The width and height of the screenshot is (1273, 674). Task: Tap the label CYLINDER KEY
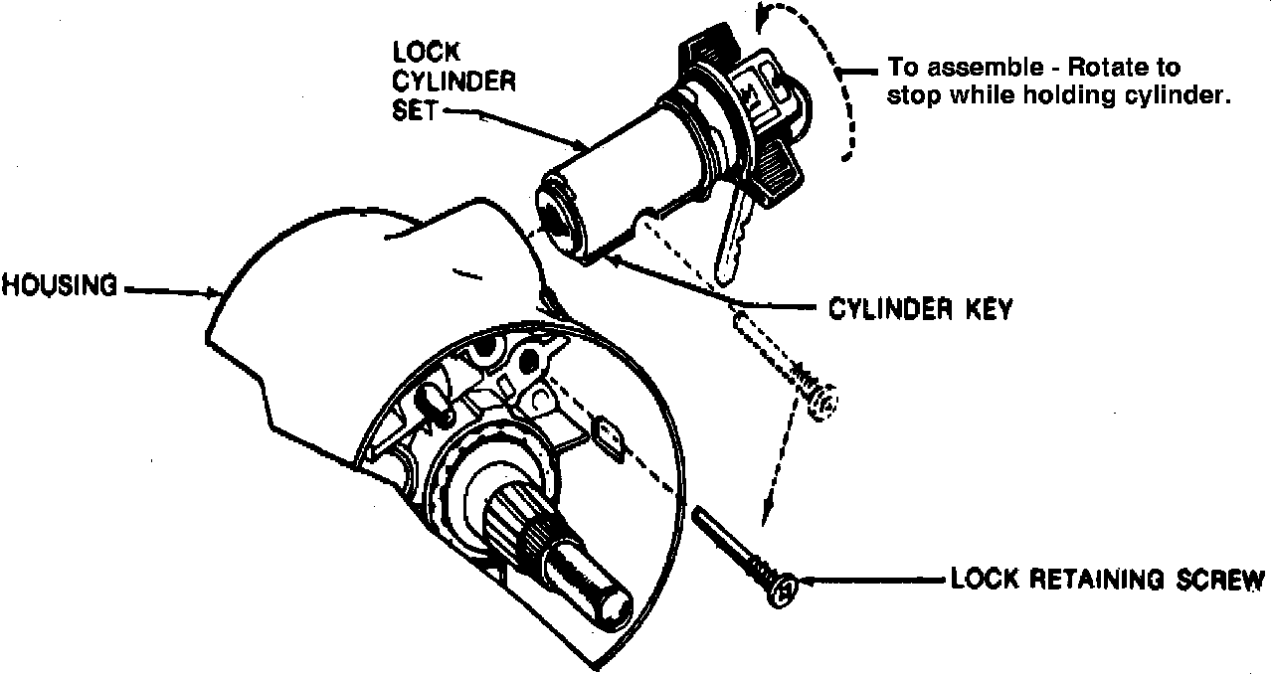[x=920, y=309]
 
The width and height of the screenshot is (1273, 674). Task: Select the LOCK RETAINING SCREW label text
[x=1107, y=580]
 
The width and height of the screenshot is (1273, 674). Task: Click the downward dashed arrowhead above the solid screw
[x=766, y=517]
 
